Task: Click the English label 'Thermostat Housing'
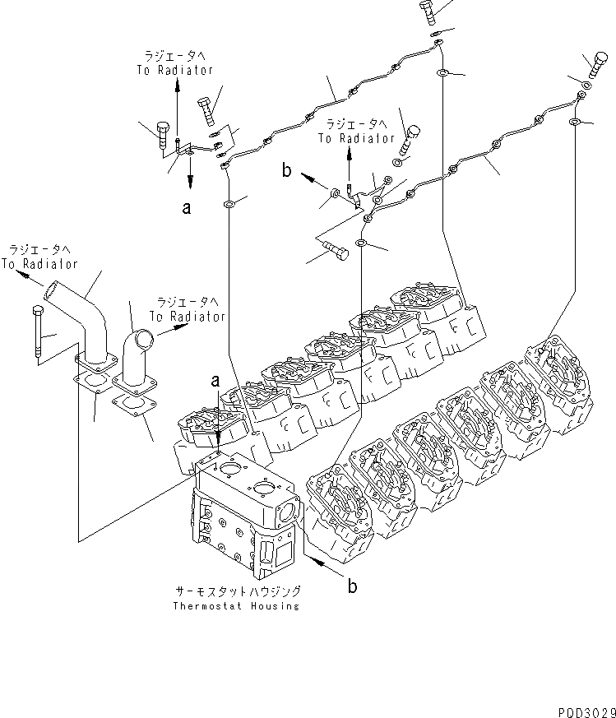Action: tap(237, 606)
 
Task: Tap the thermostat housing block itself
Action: tap(243, 514)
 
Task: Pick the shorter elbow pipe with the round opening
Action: tap(136, 354)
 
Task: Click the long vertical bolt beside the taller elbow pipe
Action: tap(37, 333)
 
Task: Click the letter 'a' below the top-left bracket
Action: tap(188, 208)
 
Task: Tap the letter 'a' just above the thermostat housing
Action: tap(215, 380)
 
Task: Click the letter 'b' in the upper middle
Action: tap(286, 170)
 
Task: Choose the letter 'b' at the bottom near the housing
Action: tap(352, 586)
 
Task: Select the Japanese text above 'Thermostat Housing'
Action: tap(237, 591)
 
